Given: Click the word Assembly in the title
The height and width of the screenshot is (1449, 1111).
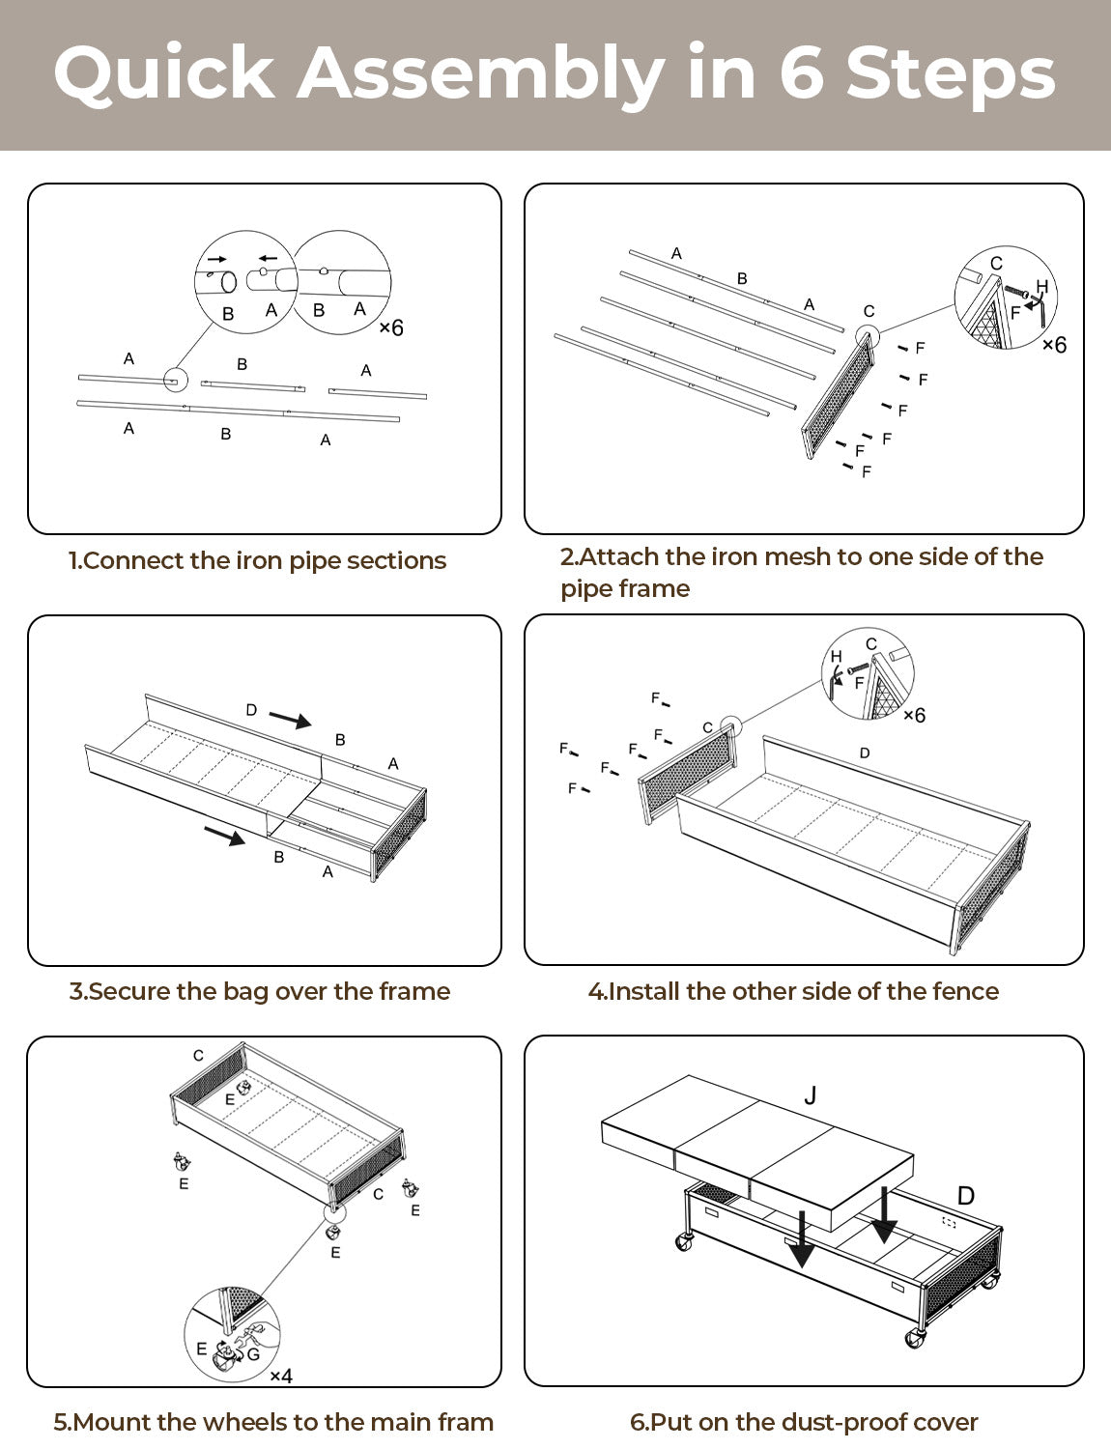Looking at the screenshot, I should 479,74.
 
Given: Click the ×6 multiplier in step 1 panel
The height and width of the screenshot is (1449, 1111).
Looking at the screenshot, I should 391,328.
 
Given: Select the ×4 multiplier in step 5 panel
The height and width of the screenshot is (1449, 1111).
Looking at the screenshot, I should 281,1376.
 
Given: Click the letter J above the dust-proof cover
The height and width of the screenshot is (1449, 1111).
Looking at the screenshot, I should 811,1095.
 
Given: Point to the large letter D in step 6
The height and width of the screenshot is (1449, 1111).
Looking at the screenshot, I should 965,1196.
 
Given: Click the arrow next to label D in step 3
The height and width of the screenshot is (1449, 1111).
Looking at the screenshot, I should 290,720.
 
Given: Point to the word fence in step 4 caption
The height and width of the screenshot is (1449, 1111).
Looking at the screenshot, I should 965,991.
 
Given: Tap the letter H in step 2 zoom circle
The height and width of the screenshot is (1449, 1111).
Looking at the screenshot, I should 1041,287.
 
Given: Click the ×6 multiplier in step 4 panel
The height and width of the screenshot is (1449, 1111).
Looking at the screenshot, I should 914,715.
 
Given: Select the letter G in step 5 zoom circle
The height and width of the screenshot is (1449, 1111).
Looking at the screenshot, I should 253,1354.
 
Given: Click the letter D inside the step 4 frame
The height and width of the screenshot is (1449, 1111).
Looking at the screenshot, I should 865,753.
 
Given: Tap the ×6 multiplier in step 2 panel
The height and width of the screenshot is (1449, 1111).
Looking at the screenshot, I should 1054,345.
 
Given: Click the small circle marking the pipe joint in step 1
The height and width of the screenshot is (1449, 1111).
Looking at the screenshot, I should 176,380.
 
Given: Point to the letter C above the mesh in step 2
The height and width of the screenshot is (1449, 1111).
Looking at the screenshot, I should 869,311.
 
